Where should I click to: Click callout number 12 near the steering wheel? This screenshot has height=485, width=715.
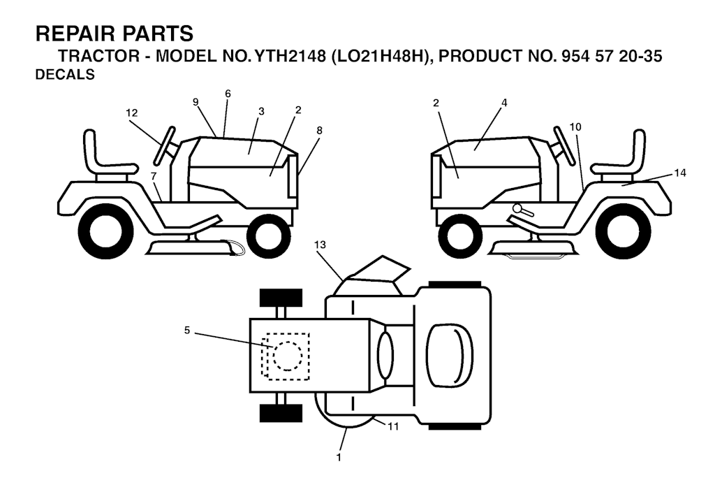point(132,113)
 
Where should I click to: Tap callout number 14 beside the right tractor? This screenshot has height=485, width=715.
point(680,173)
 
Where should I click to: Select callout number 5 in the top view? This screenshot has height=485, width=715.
point(187,330)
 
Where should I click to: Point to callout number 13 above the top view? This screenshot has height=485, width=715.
point(320,245)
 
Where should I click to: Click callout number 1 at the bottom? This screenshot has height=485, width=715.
point(339,457)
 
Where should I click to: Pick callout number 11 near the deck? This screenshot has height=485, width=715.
point(393,426)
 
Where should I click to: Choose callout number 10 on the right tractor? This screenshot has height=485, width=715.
point(575,126)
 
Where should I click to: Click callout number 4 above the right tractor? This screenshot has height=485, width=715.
point(504,103)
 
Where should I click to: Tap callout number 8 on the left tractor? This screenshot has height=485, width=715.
point(319,131)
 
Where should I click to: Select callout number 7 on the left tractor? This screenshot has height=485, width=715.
point(153,175)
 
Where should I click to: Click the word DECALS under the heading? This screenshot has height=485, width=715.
point(65,74)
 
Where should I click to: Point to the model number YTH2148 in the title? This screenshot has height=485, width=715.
point(288,56)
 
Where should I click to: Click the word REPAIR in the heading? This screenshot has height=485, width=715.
point(73,34)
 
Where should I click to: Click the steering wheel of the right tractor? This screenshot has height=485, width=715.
point(564,145)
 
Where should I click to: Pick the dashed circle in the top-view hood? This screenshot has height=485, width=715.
point(287,356)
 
